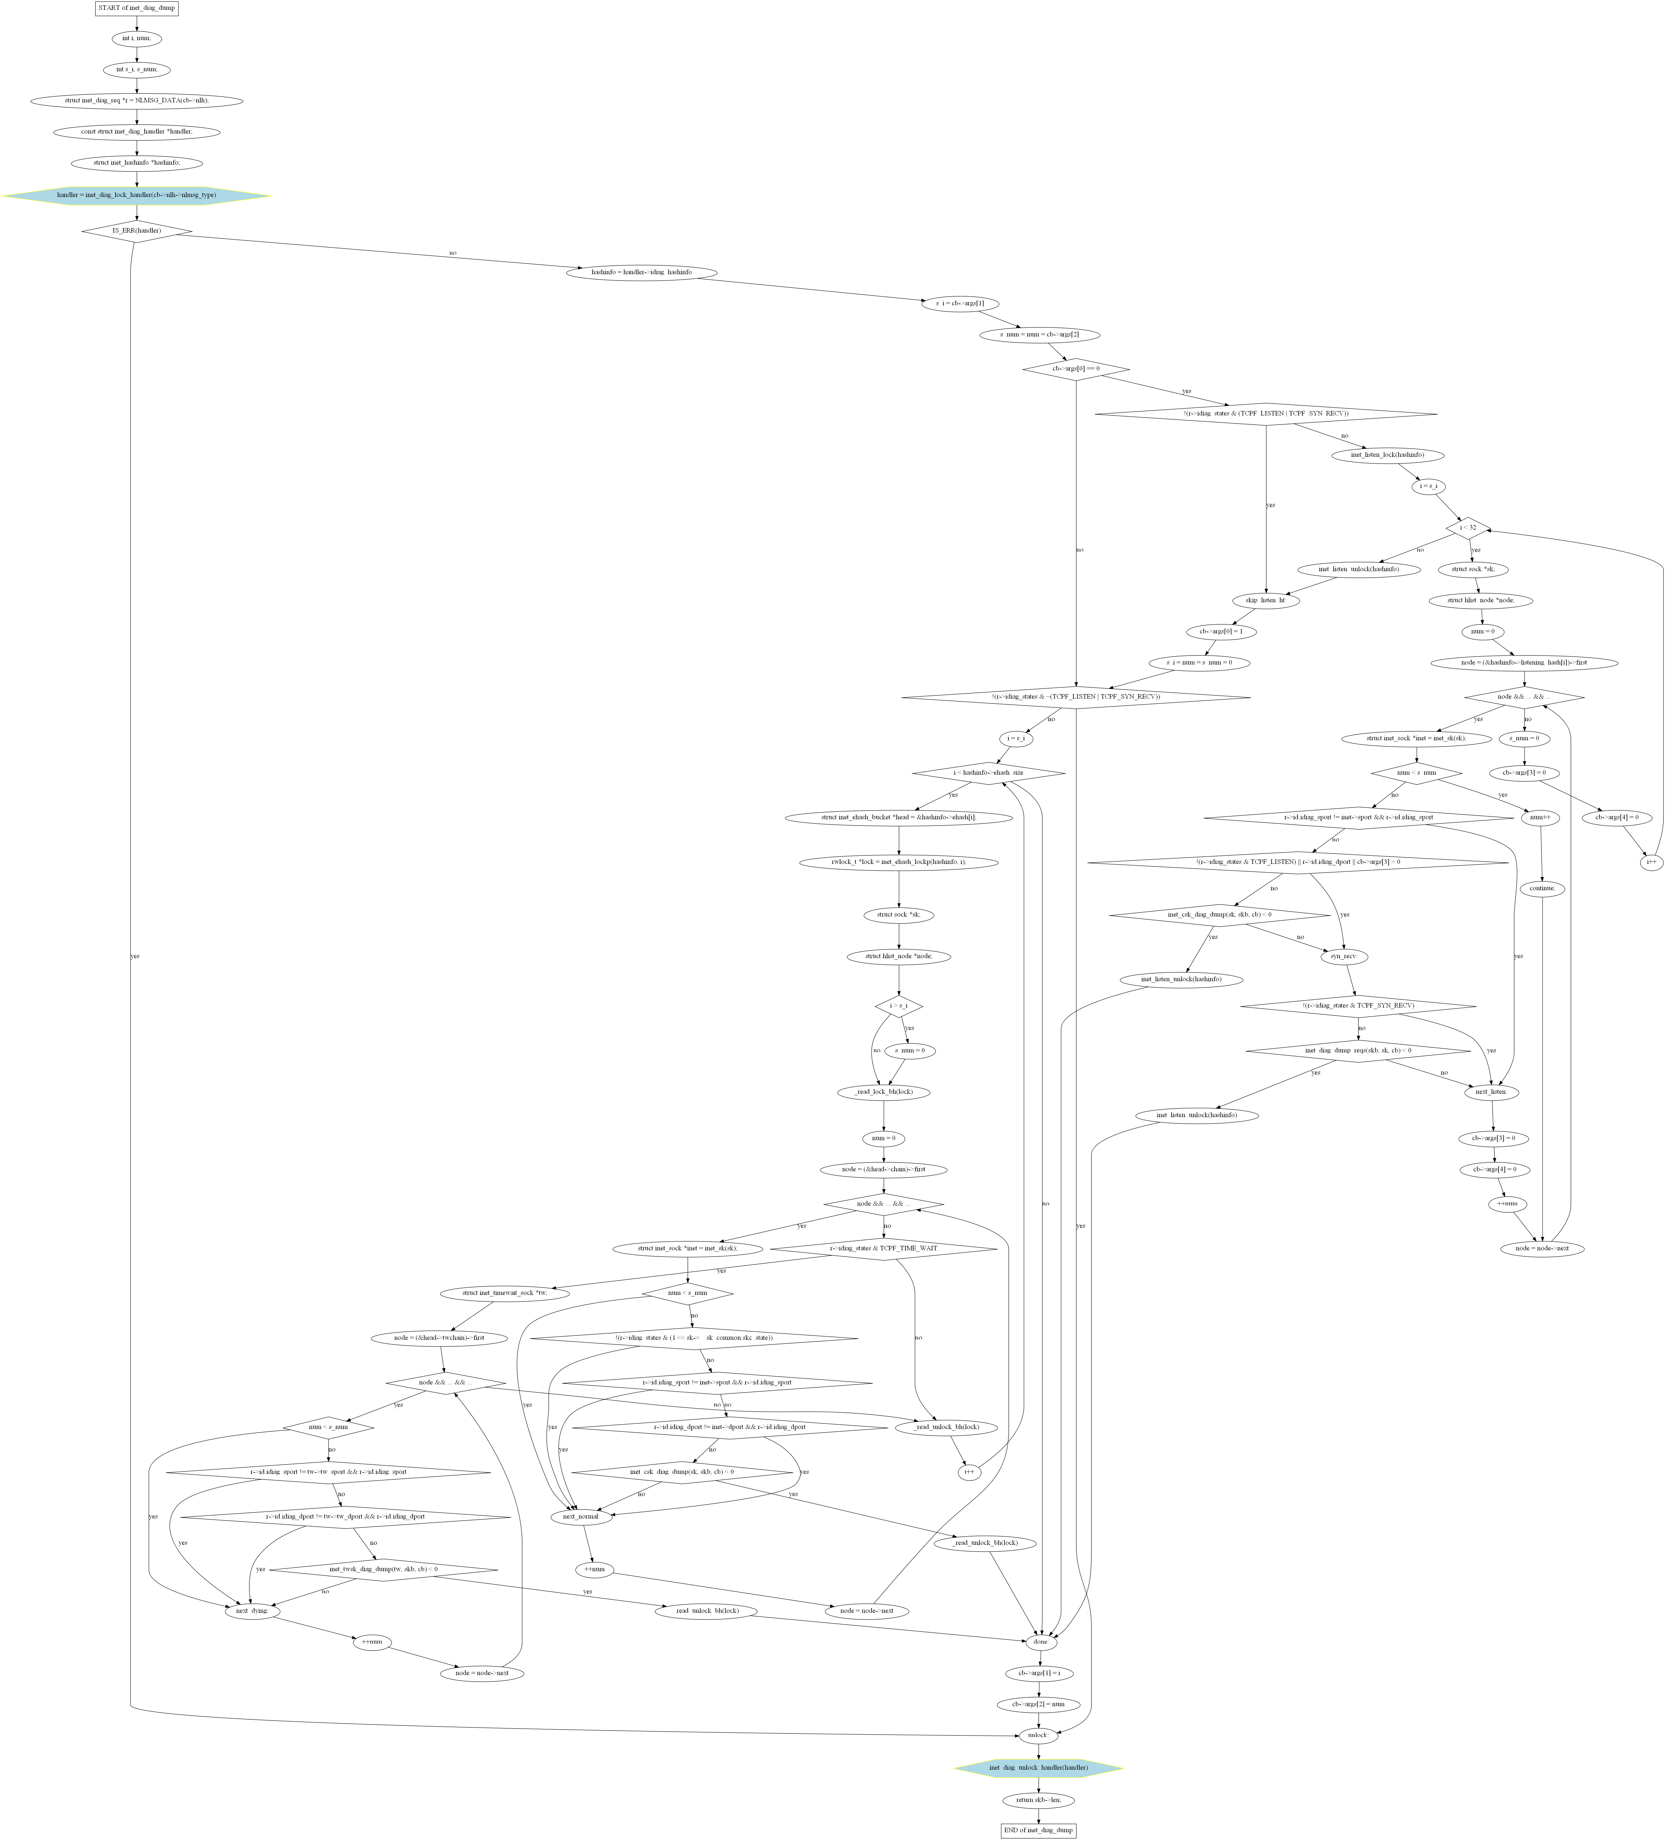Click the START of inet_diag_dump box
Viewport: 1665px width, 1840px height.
coord(136,8)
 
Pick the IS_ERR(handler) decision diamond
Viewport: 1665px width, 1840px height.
coord(136,231)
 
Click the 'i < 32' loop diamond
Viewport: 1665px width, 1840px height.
coord(1468,527)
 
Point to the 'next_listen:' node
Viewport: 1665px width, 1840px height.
coord(1492,1093)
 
